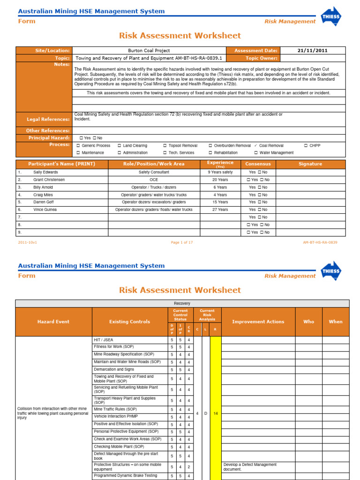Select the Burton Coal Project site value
pyautogui.click(x=149, y=51)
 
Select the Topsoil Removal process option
pyautogui.click(x=180, y=146)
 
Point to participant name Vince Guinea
pyautogui.click(x=45, y=210)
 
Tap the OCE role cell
pyautogui.click(x=154, y=180)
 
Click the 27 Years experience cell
pyautogui.click(x=220, y=210)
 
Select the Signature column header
pyautogui.click(x=310, y=164)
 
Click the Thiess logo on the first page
pyautogui.click(x=331, y=16)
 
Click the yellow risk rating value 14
pyautogui.click(x=215, y=413)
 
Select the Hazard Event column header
pyautogui.click(x=53, y=322)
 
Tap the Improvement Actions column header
pyautogui.click(x=258, y=322)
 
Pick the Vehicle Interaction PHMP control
pyautogui.click(x=116, y=417)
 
